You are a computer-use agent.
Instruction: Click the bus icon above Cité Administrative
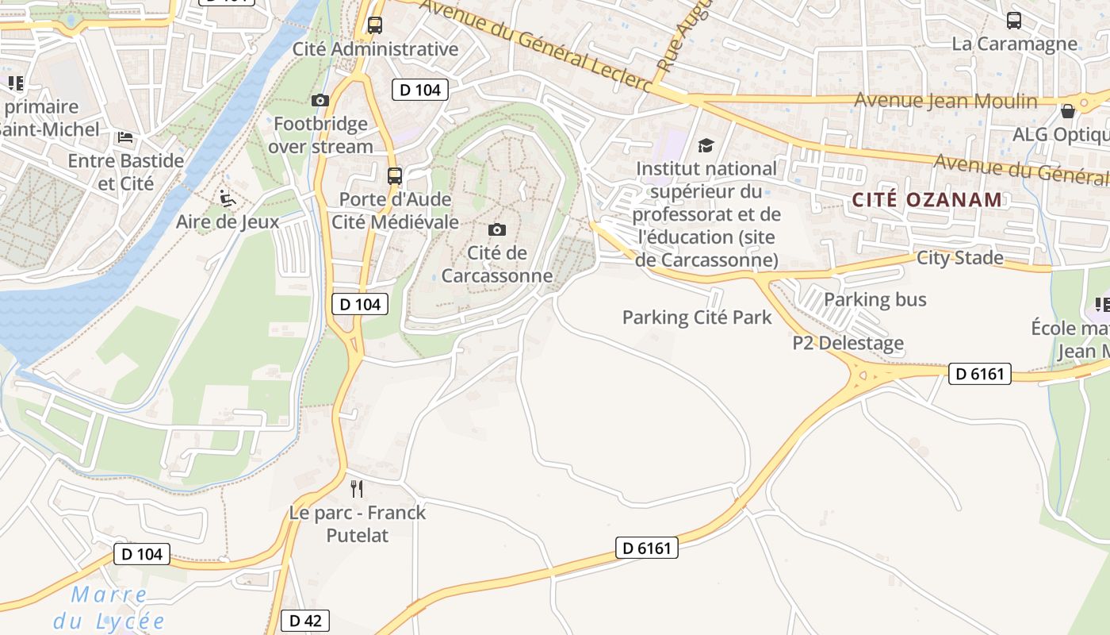[x=375, y=25]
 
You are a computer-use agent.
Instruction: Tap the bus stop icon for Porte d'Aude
[x=394, y=176]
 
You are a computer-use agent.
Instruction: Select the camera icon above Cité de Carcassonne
[x=497, y=229]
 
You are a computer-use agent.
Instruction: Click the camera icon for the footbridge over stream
[x=320, y=100]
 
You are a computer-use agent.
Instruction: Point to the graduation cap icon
[x=706, y=145]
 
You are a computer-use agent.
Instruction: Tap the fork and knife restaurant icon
[x=357, y=488]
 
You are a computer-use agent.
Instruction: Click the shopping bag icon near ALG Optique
[x=1067, y=111]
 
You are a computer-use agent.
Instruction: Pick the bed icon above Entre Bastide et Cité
[x=125, y=137]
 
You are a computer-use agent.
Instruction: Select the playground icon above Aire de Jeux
[x=227, y=197]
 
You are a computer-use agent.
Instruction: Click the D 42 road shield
[x=305, y=621]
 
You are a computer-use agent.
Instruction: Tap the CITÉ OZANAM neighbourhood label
[x=928, y=199]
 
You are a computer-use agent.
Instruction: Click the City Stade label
[x=959, y=258]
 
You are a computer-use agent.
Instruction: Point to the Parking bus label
[x=875, y=299]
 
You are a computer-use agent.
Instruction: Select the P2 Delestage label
[x=848, y=343]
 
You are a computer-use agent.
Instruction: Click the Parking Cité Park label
[x=697, y=317]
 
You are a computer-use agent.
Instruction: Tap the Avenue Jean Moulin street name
[x=946, y=101]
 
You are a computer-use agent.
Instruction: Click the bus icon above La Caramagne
[x=1013, y=21]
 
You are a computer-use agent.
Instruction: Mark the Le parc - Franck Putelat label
[x=358, y=524]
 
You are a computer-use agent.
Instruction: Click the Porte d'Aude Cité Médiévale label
[x=395, y=210]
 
